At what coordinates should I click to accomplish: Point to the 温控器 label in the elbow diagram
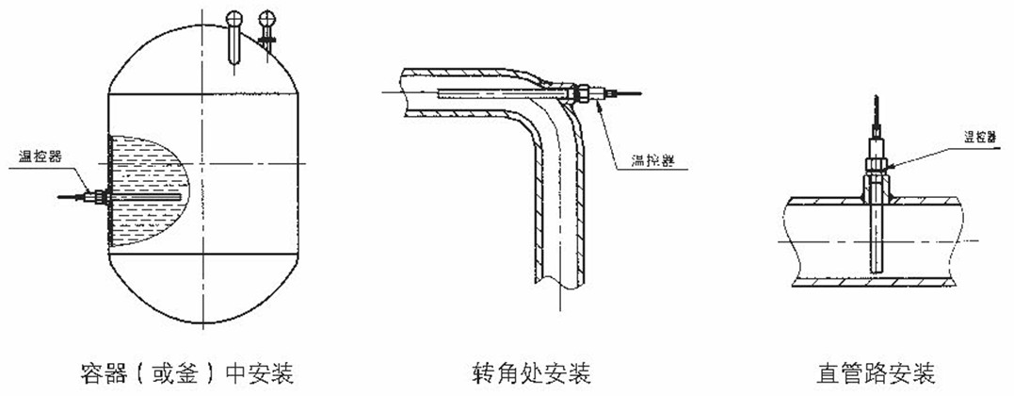643,161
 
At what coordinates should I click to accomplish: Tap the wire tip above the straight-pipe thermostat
873,103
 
